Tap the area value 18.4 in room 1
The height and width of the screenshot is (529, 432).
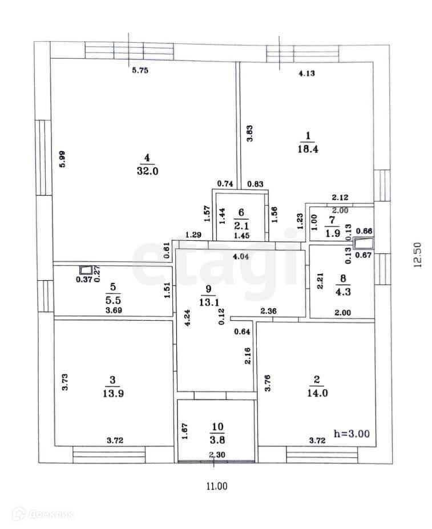308,148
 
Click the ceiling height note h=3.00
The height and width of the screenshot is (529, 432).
352,433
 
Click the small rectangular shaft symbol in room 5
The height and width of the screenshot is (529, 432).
86,270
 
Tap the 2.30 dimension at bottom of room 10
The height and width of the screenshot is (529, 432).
216,454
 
